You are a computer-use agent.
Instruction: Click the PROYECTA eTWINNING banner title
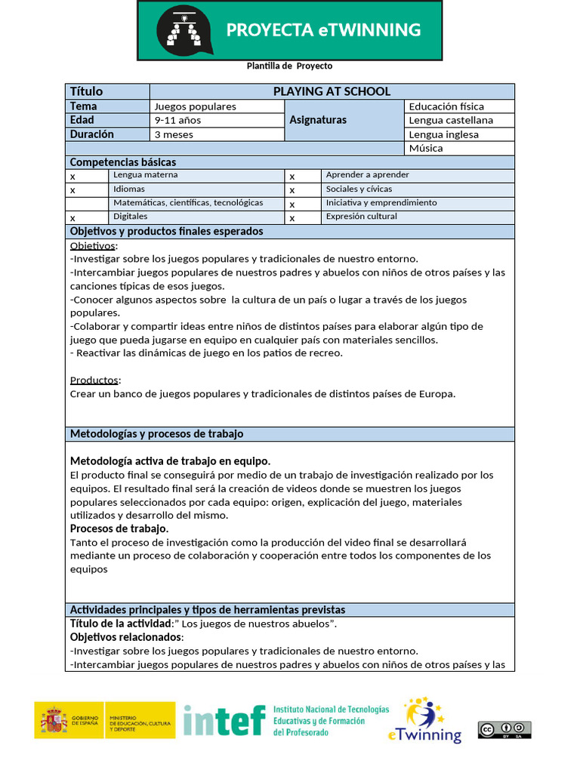[323, 30]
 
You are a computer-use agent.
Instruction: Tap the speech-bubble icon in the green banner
[184, 30]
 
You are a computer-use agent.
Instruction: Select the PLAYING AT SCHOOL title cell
[332, 91]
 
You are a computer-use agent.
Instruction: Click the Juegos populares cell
[216, 106]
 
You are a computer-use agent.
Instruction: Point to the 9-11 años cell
[216, 120]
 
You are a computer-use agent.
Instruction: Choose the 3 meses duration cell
[216, 134]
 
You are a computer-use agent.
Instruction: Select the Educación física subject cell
[459, 106]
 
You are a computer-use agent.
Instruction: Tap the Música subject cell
[459, 148]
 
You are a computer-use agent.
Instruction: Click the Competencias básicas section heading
[123, 162]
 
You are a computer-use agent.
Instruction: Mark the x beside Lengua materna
[73, 176]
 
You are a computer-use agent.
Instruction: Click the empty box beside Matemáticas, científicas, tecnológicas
[87, 203]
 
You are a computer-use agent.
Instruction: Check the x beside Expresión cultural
[292, 217]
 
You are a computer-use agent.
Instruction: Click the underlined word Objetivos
[94, 246]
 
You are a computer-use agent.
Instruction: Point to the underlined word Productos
[95, 380]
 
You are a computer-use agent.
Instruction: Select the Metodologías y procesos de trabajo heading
[156, 434]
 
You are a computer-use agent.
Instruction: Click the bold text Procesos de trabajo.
[119, 528]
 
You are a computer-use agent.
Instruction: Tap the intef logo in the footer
[224, 721]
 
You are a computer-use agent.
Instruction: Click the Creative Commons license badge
[504, 729]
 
